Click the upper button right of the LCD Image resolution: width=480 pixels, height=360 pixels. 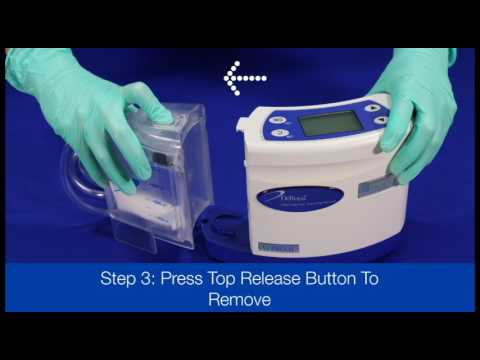click(371, 105)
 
